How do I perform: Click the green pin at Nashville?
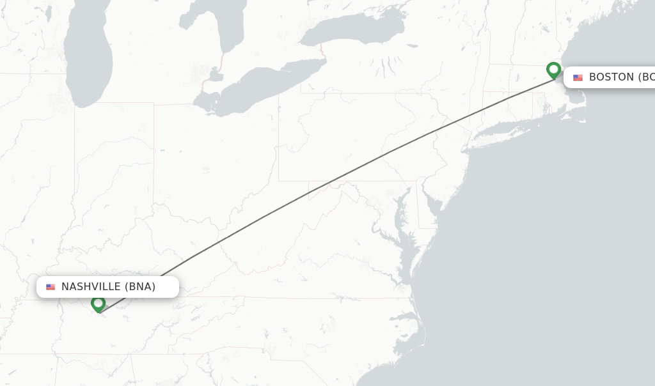click(98, 304)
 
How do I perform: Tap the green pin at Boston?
click(554, 70)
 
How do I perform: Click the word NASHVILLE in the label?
click(91, 286)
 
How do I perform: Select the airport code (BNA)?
click(140, 286)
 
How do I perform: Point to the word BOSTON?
click(611, 77)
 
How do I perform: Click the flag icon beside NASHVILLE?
click(51, 287)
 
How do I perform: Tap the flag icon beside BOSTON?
click(578, 78)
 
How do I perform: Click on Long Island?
click(512, 130)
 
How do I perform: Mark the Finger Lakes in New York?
click(386, 67)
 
